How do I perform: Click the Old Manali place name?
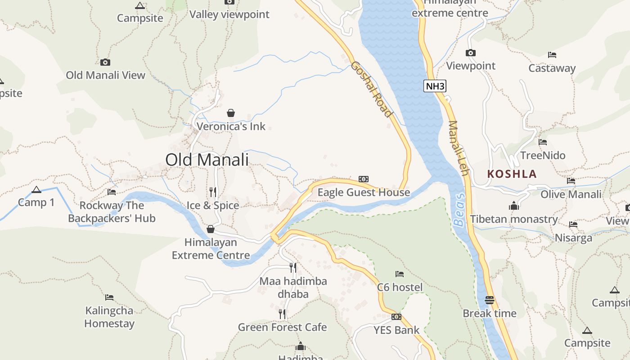coord(207,160)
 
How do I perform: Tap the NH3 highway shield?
coord(435,86)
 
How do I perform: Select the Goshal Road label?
coord(371,89)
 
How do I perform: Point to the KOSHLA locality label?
coord(512,174)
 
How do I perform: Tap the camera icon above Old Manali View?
coord(105,62)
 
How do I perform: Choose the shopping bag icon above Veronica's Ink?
coord(231,112)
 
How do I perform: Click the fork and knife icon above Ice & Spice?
coord(213,192)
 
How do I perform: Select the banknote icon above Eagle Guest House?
coord(364,179)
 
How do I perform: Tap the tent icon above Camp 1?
coord(36,189)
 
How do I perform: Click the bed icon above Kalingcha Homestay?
coord(109,297)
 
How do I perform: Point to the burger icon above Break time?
coord(490,300)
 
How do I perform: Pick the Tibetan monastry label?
coord(514,219)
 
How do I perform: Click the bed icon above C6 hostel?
coord(400,274)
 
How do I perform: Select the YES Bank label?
coord(396,330)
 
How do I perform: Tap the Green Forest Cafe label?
coord(282,327)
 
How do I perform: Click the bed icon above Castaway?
coord(552,55)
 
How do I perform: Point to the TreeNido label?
coord(543,156)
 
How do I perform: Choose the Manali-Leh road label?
coord(459,148)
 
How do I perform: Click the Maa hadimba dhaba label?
coord(293,288)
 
